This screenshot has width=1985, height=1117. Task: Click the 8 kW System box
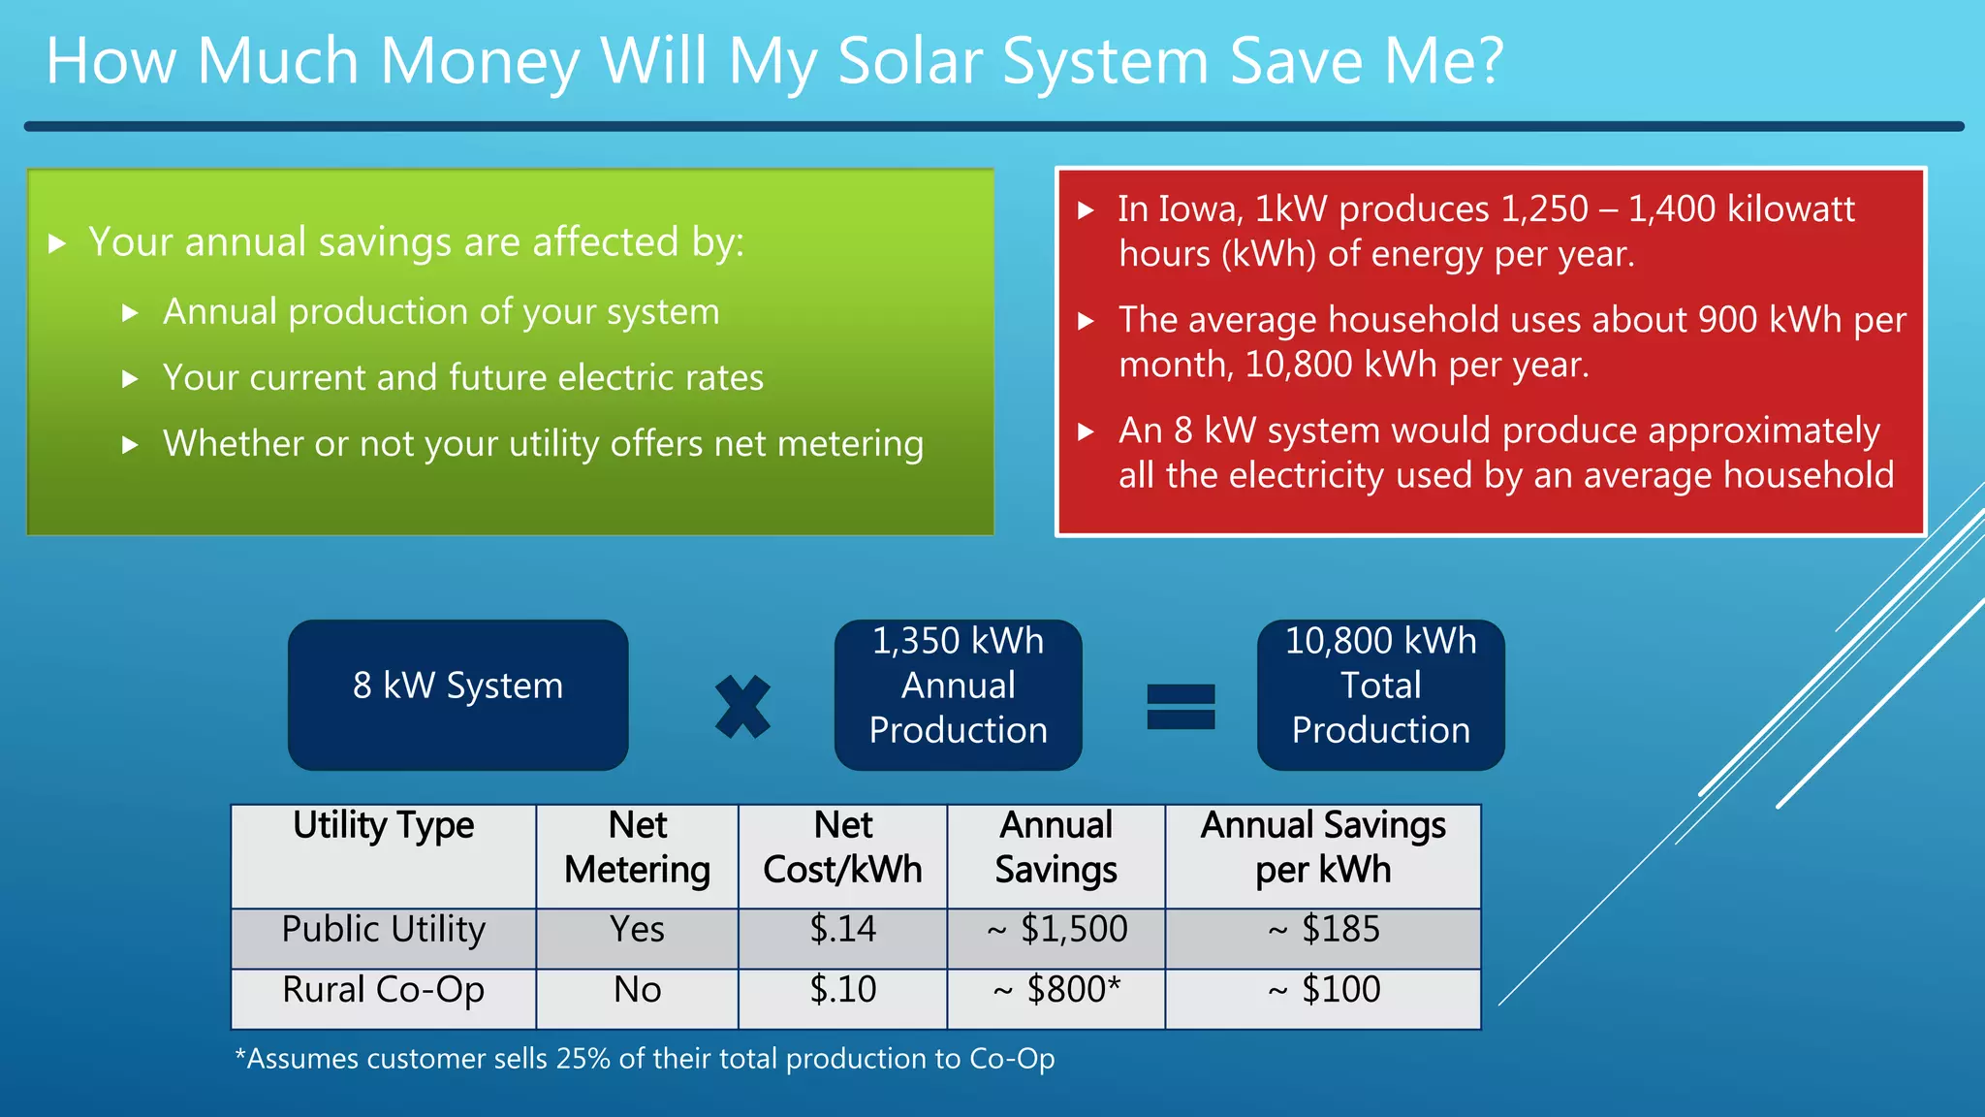(x=457, y=694)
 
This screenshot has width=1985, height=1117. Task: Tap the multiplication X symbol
(x=742, y=707)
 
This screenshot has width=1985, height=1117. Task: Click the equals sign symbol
(x=1181, y=707)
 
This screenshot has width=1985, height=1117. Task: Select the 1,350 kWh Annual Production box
(x=958, y=694)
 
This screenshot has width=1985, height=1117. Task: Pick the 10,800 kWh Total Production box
(x=1380, y=694)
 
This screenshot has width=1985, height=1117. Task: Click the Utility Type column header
(x=384, y=826)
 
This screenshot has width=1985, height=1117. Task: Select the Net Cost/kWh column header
(x=842, y=847)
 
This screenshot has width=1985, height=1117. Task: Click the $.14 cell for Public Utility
(x=842, y=929)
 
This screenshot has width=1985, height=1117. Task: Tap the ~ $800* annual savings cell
(x=1056, y=990)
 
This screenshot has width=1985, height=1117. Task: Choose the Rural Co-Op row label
(x=384, y=990)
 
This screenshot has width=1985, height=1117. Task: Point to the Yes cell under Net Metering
(x=637, y=929)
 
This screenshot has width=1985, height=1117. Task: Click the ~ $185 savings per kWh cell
(x=1324, y=929)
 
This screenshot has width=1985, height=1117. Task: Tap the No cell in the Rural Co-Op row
(x=637, y=990)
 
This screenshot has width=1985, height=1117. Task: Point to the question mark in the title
(x=1487, y=62)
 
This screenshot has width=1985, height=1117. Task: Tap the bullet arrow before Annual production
(x=130, y=313)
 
